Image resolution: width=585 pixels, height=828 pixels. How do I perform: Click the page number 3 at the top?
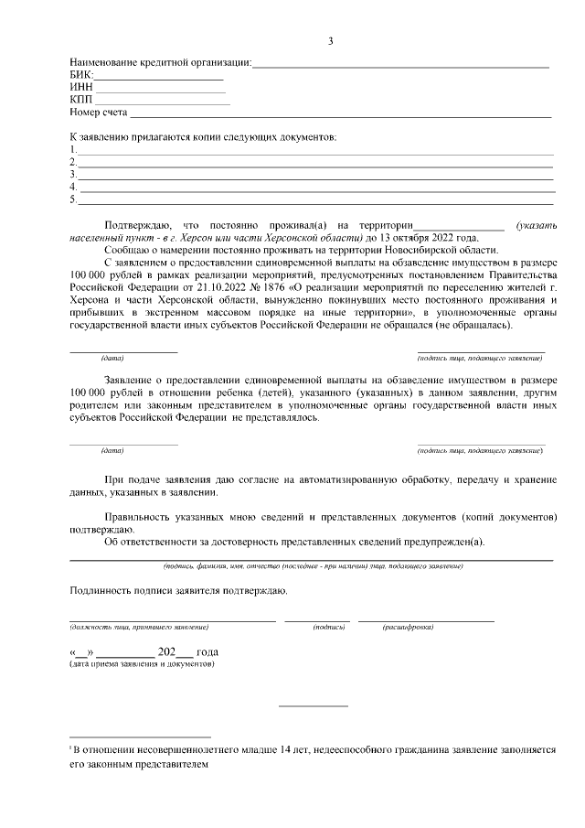tap(332, 40)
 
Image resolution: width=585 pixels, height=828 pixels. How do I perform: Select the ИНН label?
tap(80, 88)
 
